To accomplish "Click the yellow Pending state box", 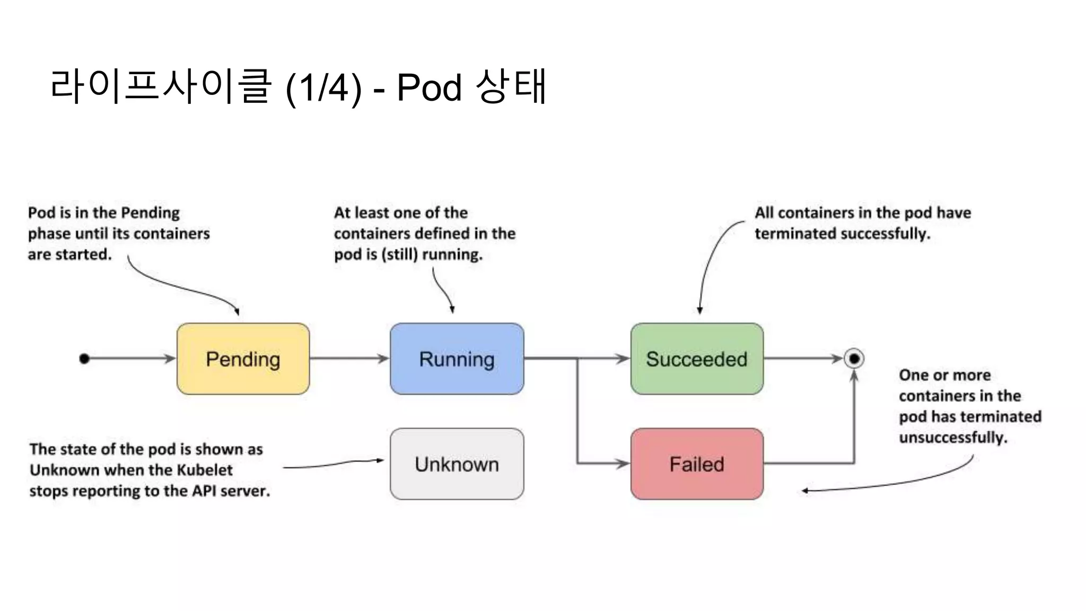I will point(243,359).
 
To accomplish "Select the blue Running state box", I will point(457,359).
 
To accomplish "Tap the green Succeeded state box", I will point(697,359).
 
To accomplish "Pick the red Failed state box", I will point(697,464).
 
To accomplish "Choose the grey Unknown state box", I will point(457,464).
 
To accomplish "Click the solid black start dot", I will point(84,359).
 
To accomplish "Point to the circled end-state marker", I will point(854,359).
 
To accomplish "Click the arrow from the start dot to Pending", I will point(130,359).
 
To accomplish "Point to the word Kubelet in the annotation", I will point(204,470).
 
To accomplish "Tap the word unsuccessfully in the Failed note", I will point(953,438).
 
